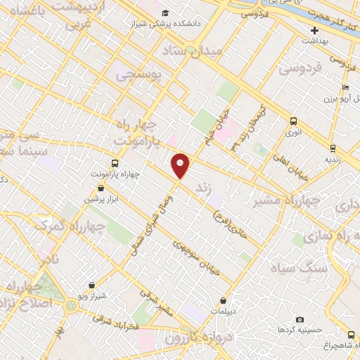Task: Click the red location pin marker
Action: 181,165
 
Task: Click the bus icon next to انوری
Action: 292,121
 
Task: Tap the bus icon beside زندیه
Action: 333,148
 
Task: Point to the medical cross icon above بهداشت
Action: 316,30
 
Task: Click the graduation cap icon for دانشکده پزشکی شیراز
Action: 165,13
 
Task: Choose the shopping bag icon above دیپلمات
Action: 224,301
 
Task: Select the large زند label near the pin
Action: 203,188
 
